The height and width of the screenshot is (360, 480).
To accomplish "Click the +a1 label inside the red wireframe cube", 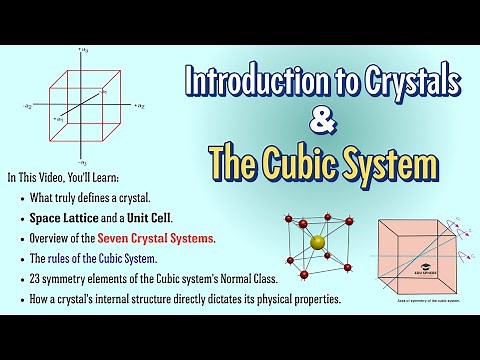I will point(60,118).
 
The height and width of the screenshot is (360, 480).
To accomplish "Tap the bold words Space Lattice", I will point(71,216).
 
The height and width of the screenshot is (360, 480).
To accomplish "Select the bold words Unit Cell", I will point(151,216).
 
